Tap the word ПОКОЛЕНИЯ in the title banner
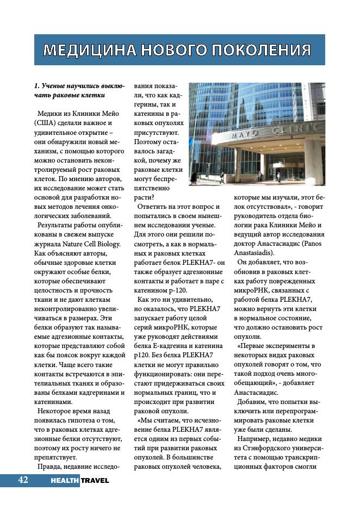(x=260, y=51)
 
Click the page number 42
(x=23, y=480)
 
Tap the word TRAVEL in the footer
(x=95, y=481)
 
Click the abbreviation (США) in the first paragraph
(x=41, y=123)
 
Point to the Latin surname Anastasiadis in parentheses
(x=255, y=252)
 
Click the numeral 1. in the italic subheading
(x=37, y=86)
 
